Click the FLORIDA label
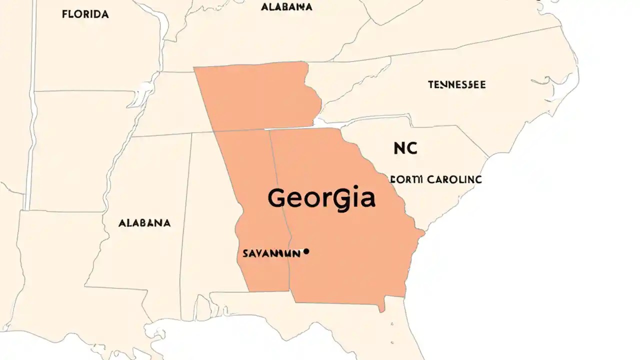pos(85,14)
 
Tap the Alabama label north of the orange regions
pos(286,7)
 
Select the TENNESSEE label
pos(456,85)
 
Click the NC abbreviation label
pos(405,148)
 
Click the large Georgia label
pos(321,198)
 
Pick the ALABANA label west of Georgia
pos(144,223)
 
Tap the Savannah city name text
pos(271,253)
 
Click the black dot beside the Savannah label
pos(306,251)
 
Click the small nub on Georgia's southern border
pos(381,307)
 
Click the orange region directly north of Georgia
pos(257,95)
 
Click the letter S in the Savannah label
pos(245,253)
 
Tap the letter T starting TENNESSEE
pos(430,85)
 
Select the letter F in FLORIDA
pos(64,14)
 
